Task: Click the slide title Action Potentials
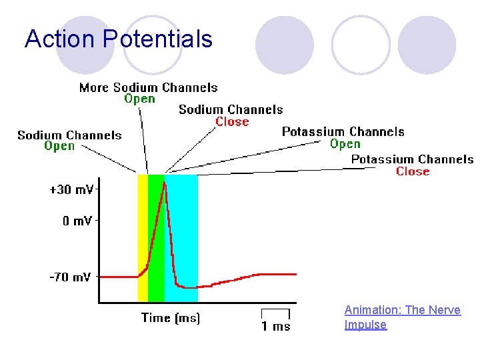pos(119,39)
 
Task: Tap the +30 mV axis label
pos(71,189)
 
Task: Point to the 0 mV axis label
pos(77,221)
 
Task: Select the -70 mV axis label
pos(70,277)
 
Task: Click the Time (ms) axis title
pos(170,318)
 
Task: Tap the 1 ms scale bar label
pos(276,326)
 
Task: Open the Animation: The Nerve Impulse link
pos(402,317)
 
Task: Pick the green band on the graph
pos(155,267)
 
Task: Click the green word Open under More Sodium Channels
pos(139,99)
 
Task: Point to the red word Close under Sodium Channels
pos(232,122)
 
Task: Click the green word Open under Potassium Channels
pos(345,144)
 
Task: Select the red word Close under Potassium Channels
pos(413,171)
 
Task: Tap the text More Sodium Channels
pos(148,87)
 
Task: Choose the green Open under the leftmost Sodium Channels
pos(59,147)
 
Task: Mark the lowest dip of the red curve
pos(189,287)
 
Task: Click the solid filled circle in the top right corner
pos(427,44)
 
